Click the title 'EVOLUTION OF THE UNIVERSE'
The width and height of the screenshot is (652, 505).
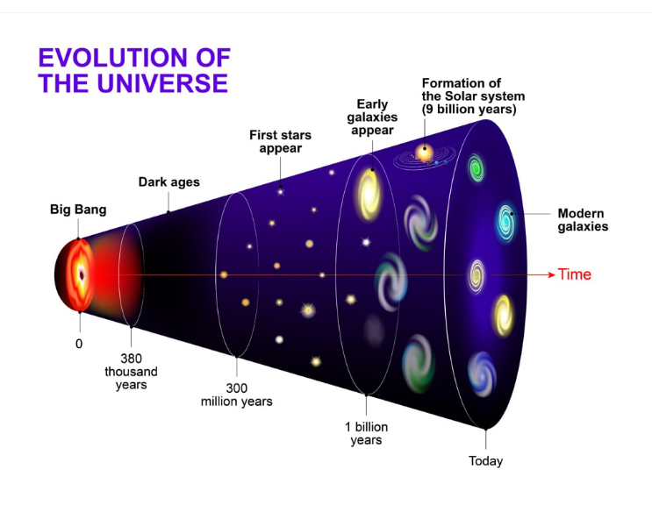[133, 71]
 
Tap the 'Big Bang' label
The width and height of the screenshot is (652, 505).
[78, 210]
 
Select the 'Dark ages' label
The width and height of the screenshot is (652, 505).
[169, 182]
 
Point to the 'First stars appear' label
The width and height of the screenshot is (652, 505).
[280, 142]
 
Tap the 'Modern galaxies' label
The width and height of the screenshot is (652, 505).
[582, 220]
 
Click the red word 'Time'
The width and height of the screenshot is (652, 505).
[575, 274]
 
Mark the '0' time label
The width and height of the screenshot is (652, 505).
[79, 344]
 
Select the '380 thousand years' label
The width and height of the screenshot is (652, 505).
[131, 372]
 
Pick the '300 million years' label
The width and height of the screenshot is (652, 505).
[237, 395]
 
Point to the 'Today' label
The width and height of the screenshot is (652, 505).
[485, 461]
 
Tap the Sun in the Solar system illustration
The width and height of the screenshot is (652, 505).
[425, 151]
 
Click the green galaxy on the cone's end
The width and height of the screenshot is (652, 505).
[476, 168]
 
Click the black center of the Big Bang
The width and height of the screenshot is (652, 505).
[81, 274]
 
